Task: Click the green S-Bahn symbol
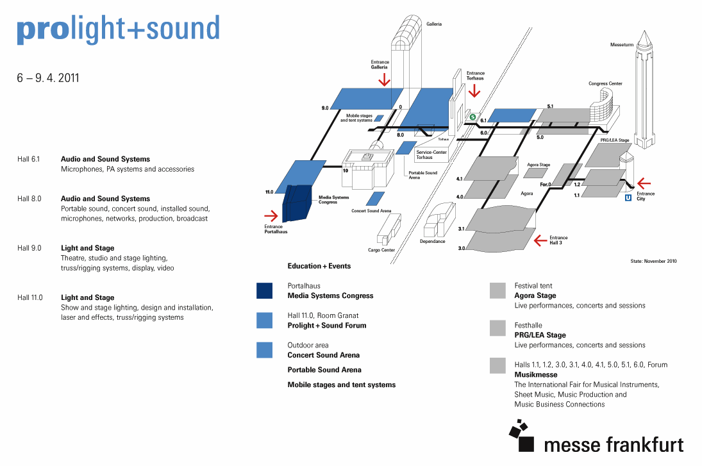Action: coord(472,117)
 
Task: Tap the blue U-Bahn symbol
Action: coord(628,197)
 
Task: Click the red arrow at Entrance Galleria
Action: coord(384,79)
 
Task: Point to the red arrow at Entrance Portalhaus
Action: coord(272,216)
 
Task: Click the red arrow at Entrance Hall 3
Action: coord(541,240)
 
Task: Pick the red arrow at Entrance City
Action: coord(644,183)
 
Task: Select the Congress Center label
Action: coord(605,84)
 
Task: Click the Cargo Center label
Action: coord(381,250)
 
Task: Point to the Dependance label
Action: coord(433,241)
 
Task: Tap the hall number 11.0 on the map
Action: coord(269,192)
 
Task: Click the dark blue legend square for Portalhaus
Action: coord(265,290)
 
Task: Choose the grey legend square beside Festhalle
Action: coord(497,328)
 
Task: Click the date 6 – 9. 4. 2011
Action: coord(48,78)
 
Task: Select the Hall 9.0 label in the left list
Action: coord(29,248)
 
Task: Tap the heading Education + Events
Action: coord(319,266)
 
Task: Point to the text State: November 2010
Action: coord(654,261)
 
